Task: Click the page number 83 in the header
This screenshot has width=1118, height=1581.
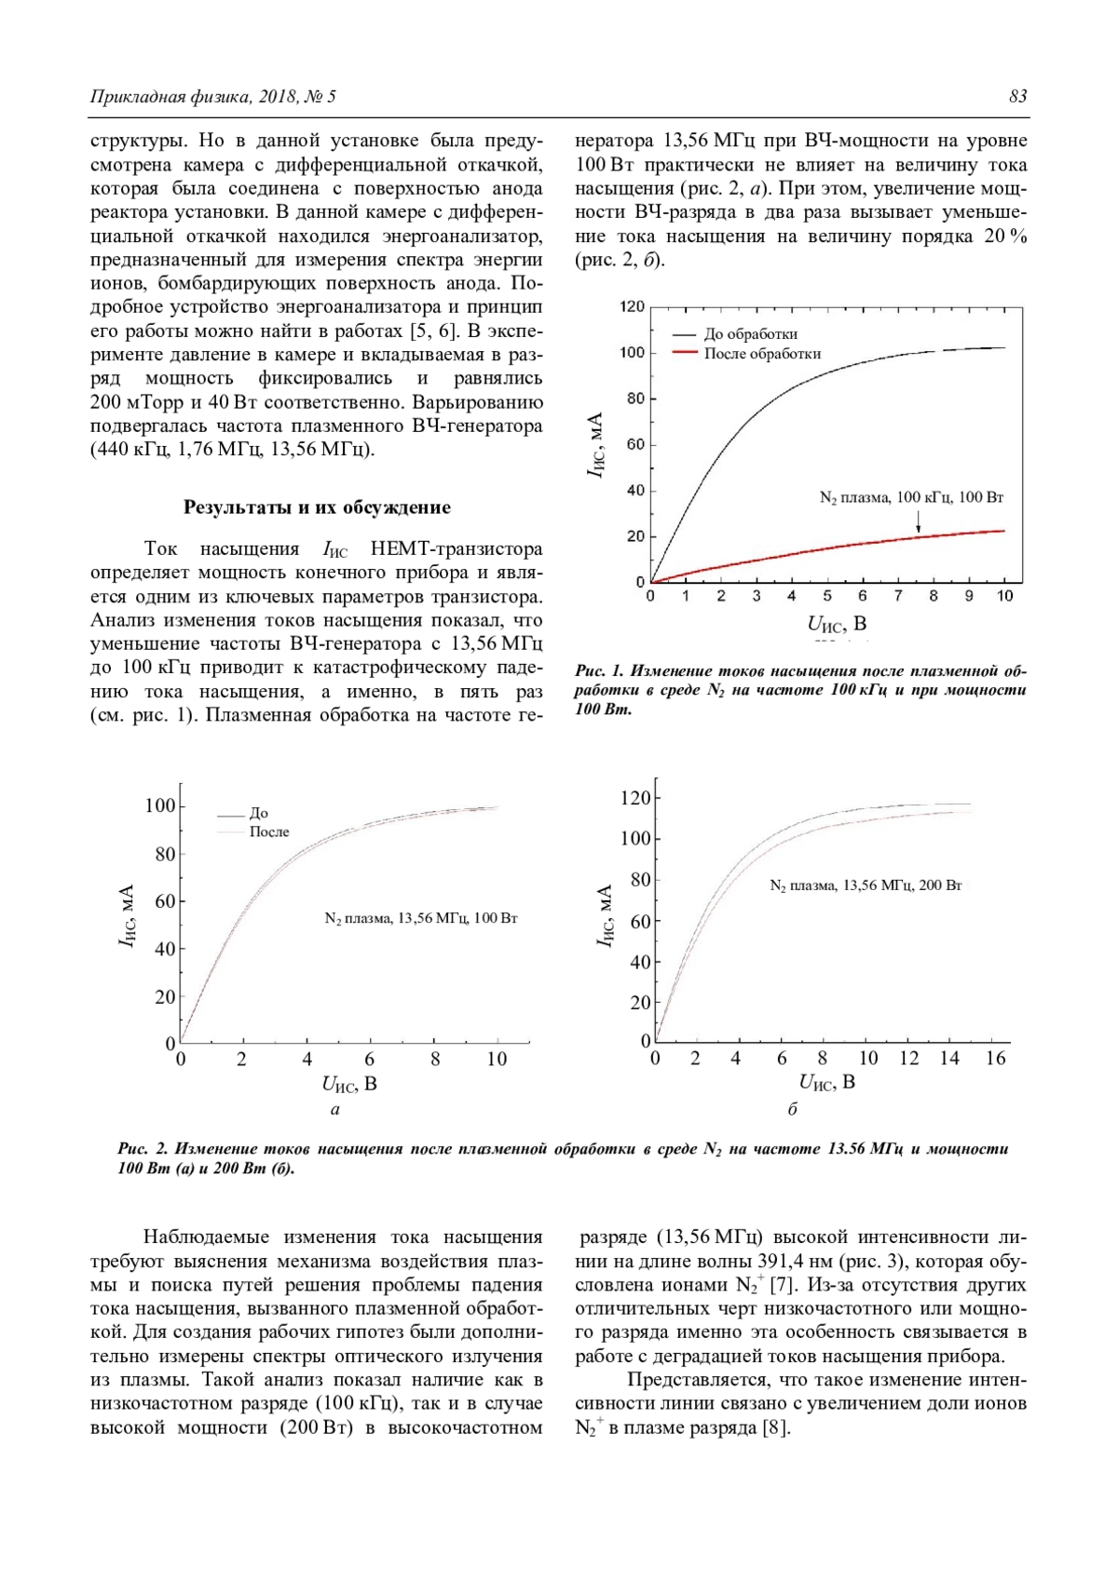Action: pos(1017,97)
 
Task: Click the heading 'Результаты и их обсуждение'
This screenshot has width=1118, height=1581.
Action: pos(317,507)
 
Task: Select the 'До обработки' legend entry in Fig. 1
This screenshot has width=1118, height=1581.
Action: pos(750,334)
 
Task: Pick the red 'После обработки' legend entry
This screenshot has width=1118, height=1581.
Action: pos(762,354)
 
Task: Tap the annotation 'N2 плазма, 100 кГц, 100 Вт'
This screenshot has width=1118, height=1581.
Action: pos(911,498)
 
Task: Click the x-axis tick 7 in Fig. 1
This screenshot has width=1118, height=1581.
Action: pos(898,596)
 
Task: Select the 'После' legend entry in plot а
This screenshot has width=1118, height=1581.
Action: pos(269,832)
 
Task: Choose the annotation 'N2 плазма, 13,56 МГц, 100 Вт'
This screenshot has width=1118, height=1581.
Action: pos(421,919)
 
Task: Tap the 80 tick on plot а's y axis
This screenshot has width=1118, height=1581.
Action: pos(164,855)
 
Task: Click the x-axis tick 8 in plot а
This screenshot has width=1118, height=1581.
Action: pos(435,1060)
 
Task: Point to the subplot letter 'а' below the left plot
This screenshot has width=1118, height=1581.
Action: pos(335,1109)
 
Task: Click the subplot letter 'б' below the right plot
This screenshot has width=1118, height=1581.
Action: pos(793,1109)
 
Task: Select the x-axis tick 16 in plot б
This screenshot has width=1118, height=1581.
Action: pos(996,1059)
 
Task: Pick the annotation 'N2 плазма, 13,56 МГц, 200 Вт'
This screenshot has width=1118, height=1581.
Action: pos(866,885)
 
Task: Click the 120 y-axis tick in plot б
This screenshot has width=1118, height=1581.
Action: pos(635,798)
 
